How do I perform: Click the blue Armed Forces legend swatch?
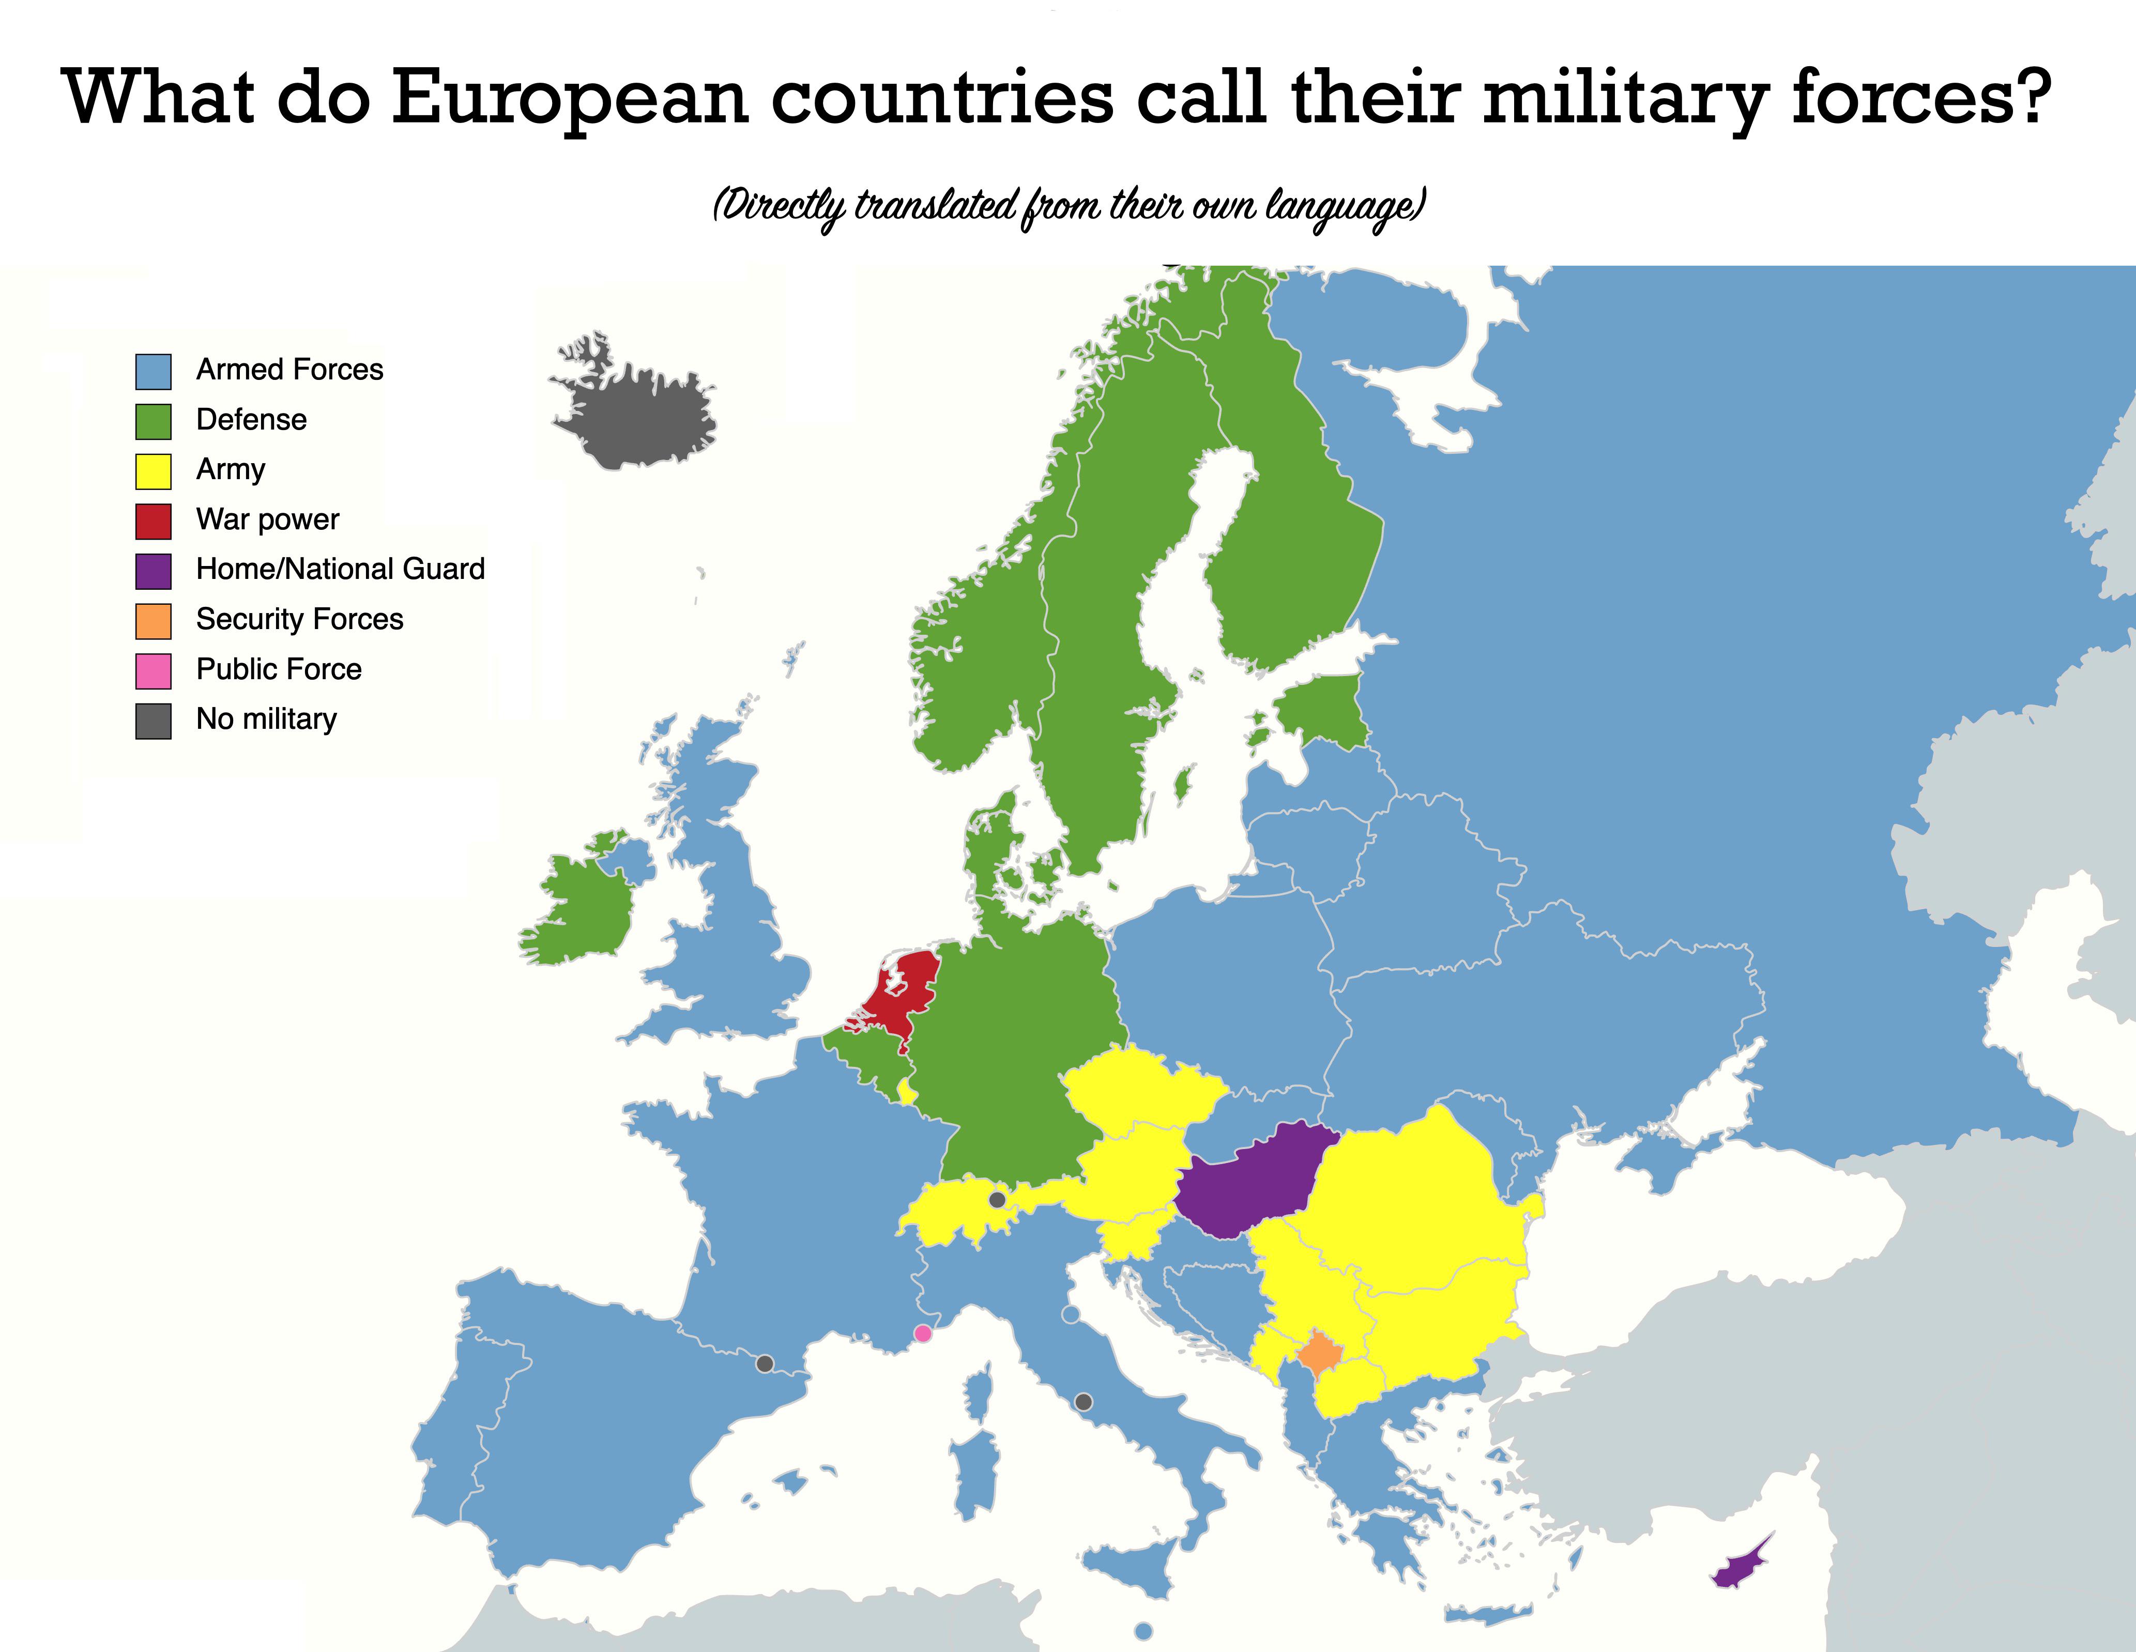154,372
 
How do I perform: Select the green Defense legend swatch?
154,422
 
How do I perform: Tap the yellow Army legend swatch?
154,471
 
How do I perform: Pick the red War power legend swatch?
154,522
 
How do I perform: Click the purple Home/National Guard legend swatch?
154,571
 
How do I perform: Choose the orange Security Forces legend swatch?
154,621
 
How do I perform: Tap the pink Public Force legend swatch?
154,671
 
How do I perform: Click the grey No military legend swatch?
154,721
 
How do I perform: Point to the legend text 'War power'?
267,519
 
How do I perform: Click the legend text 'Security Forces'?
299,619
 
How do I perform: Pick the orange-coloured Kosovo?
1318,1355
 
